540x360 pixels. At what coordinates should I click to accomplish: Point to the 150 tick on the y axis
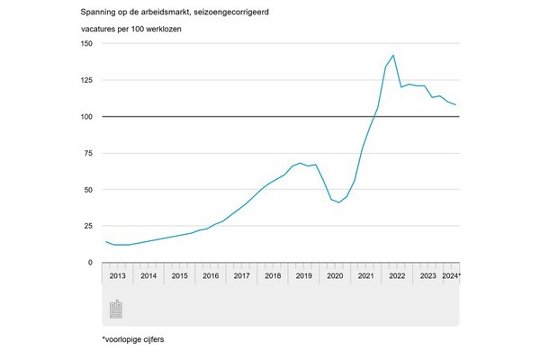87,43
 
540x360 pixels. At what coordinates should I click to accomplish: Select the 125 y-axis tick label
87,80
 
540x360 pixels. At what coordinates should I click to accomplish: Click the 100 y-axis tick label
87,117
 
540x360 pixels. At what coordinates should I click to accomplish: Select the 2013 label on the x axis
118,276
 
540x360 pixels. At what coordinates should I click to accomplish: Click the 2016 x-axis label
211,276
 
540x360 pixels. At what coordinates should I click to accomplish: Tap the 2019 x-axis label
303,276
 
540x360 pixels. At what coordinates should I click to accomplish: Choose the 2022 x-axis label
396,276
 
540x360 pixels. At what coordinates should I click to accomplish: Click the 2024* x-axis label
452,276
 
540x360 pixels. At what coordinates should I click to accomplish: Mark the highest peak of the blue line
393,56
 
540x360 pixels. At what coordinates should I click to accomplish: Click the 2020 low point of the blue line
338,202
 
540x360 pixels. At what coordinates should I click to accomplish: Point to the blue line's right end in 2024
456,105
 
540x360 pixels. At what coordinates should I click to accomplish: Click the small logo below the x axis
115,310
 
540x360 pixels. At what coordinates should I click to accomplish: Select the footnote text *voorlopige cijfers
134,340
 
